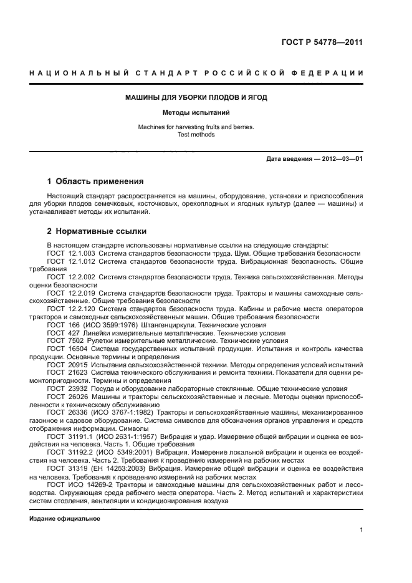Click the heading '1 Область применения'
pyautogui.click(x=95, y=181)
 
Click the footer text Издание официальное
pyautogui.click(x=65, y=519)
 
